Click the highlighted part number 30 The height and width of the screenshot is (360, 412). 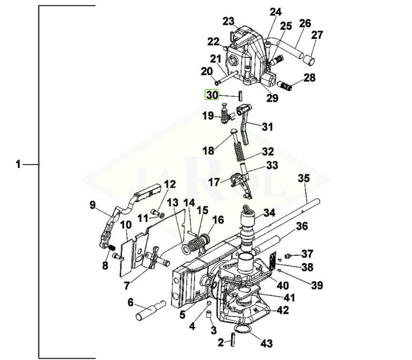click(x=212, y=95)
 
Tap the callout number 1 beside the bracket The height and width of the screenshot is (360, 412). click(x=18, y=165)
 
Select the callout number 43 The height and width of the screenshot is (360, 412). click(x=267, y=343)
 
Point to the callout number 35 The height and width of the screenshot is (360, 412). click(x=304, y=179)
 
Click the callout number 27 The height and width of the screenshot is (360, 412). click(x=317, y=35)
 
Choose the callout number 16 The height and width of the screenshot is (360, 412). click(x=218, y=220)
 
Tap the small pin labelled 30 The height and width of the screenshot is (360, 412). click(x=241, y=94)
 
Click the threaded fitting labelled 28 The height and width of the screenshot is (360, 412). click(x=284, y=87)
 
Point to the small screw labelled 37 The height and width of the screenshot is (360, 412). click(x=289, y=255)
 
